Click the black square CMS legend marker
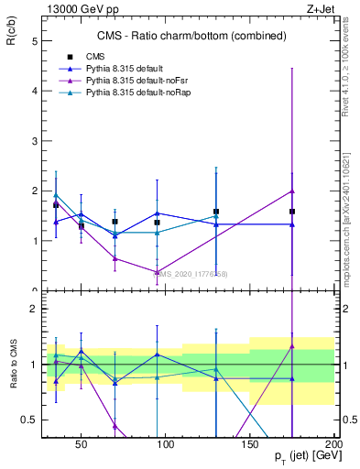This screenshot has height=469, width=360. pyautogui.click(x=70, y=56)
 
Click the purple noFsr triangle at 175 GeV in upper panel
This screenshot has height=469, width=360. pyautogui.click(x=292, y=191)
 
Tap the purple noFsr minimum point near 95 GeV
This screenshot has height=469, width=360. pyautogui.click(x=158, y=272)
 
